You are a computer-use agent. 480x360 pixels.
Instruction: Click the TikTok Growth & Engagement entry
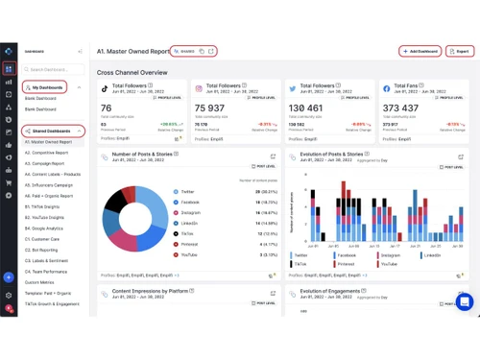[52, 303]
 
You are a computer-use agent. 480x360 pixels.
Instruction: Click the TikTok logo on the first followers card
[106, 88]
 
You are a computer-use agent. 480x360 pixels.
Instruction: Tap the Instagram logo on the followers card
[200, 88]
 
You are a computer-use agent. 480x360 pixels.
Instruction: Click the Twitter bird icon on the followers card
[293, 88]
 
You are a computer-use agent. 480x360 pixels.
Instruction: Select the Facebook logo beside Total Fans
[386, 88]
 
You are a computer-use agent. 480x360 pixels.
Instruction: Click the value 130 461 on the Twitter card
[306, 108]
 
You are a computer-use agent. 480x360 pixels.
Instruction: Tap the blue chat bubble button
[464, 302]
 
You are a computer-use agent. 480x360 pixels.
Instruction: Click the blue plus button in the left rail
[9, 277]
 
